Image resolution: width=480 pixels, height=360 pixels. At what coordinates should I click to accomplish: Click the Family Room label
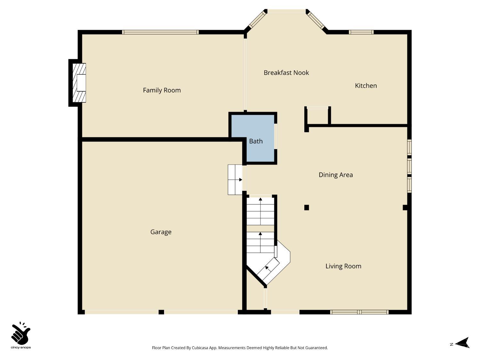162,90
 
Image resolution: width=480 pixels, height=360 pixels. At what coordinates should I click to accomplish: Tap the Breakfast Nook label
286,73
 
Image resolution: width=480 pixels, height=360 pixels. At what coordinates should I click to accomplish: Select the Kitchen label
366,85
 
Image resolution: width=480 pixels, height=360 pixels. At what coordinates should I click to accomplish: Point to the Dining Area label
336,175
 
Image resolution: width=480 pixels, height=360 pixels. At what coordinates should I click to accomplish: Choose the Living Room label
343,266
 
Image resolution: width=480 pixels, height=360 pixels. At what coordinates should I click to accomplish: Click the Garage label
161,232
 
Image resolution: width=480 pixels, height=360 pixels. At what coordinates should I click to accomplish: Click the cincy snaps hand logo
20,334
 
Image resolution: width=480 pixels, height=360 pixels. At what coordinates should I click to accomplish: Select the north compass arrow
462,343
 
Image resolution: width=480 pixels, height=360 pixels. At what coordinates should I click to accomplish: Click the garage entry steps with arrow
235,180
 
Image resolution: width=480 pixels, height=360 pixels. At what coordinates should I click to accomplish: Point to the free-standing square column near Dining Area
307,207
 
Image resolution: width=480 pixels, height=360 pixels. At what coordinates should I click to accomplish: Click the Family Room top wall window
160,32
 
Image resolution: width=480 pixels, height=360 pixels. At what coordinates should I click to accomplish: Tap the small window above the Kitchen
361,32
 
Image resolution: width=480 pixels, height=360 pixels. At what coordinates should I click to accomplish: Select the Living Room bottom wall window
359,312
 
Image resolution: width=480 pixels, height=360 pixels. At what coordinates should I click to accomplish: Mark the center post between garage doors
161,312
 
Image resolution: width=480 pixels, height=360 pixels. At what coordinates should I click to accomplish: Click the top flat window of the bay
286,12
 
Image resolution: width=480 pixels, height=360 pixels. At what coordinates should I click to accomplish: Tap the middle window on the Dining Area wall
409,166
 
